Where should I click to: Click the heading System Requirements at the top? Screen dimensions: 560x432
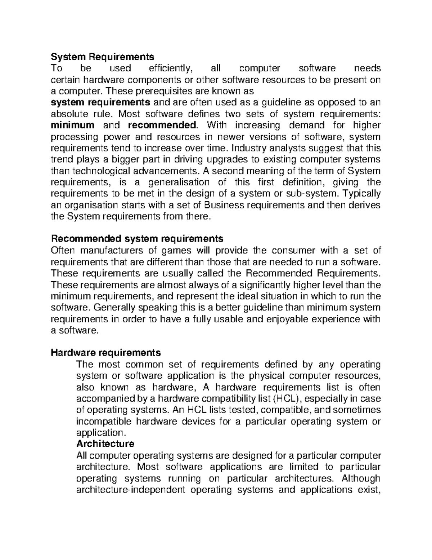(102, 57)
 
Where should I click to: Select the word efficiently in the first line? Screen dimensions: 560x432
(171, 68)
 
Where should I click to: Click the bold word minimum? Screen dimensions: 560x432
(73, 125)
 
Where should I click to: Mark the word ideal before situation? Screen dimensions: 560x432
(261, 296)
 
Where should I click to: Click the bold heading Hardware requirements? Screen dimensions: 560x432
(106, 352)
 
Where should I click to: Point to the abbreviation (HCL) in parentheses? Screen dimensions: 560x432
(284, 398)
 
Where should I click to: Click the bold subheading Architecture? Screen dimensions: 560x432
(105, 444)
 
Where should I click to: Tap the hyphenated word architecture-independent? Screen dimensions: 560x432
(131, 490)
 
